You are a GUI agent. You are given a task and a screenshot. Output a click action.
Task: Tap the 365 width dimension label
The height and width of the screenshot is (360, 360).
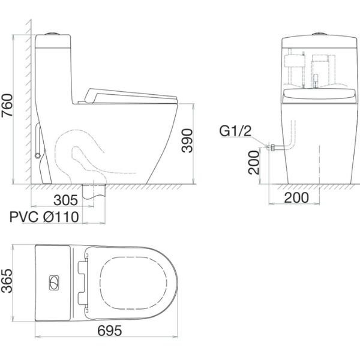(8, 279)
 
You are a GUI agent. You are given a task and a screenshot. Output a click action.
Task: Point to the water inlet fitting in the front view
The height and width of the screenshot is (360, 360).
(272, 146)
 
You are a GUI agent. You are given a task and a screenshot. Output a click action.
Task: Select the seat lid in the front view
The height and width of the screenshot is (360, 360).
(316, 94)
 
